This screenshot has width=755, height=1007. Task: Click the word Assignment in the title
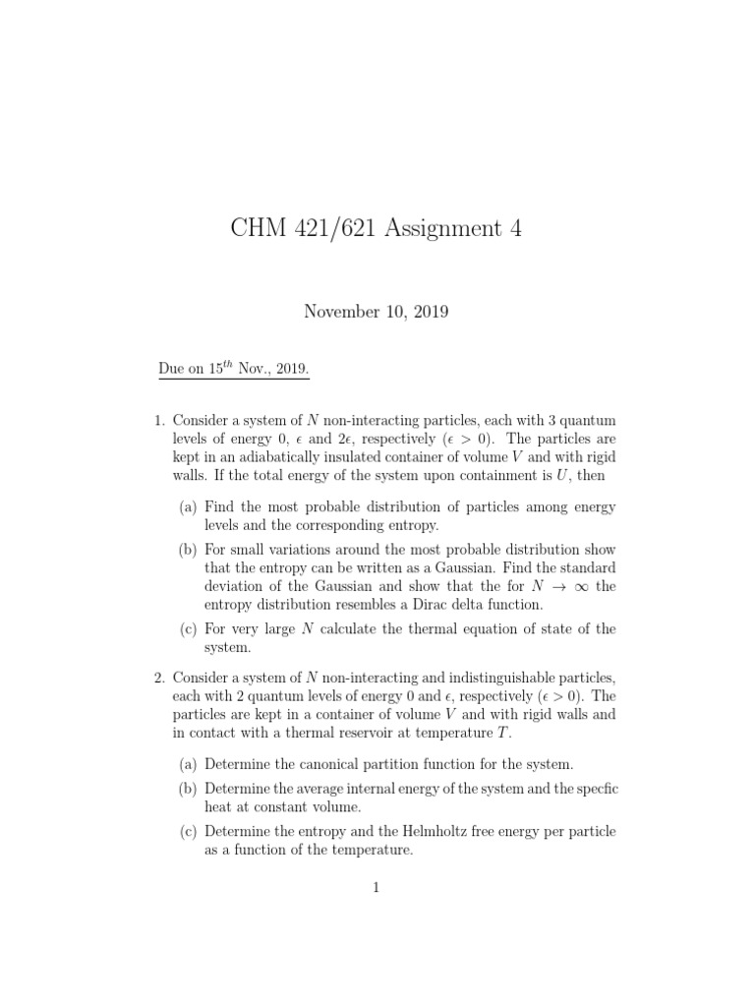click(441, 228)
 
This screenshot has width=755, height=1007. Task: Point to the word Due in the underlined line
click(172, 370)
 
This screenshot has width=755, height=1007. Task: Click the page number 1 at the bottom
click(376, 888)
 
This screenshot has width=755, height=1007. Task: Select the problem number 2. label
click(159, 678)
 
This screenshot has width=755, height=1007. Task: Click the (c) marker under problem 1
click(188, 629)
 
